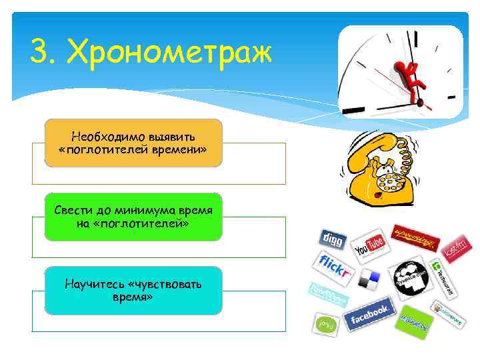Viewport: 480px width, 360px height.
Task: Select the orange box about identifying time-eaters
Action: pyautogui.click(x=133, y=142)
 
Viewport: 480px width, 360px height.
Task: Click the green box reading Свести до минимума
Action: pyautogui.click(x=133, y=217)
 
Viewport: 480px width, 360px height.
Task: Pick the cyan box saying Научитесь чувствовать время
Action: pyautogui.click(x=133, y=290)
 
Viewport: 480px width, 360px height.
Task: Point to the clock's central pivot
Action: pyautogui.click(x=419, y=102)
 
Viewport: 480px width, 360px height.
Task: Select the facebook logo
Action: pyautogui.click(x=367, y=314)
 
